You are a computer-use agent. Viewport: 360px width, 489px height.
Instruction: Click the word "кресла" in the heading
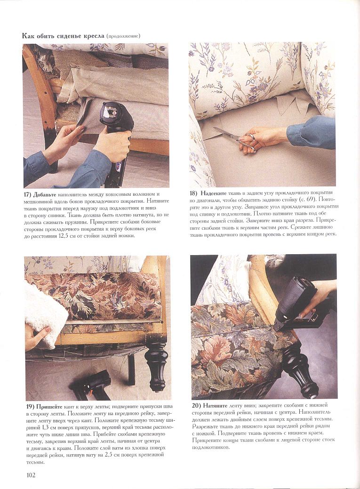coord(93,36)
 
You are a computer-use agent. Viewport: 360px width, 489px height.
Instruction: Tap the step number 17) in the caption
coord(27,194)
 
